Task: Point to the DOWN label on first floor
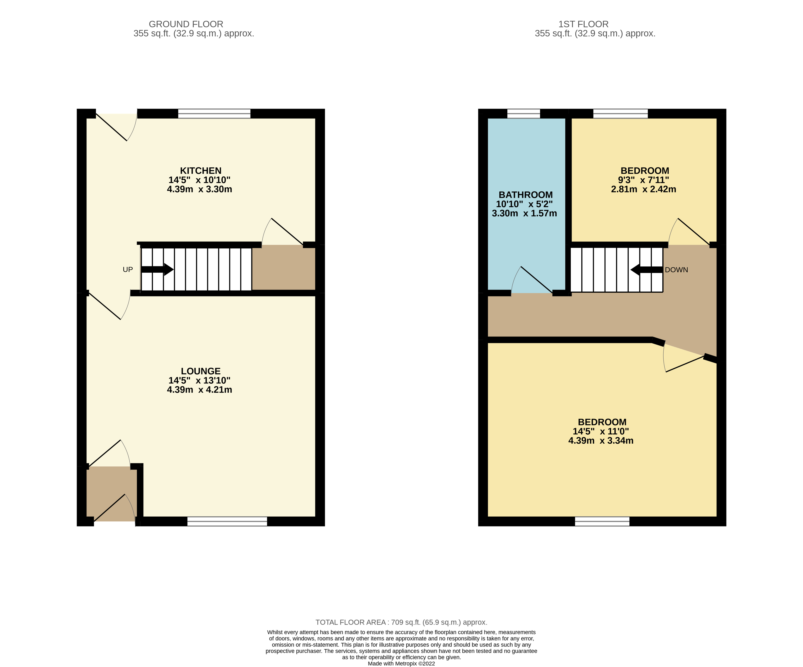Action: [x=676, y=270]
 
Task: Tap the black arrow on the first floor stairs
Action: [x=646, y=270]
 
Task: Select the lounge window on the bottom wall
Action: [x=227, y=521]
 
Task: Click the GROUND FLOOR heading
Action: [x=186, y=24]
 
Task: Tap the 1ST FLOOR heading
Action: [x=583, y=24]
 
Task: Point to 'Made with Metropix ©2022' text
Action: [x=401, y=664]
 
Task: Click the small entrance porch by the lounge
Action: [x=111, y=493]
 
